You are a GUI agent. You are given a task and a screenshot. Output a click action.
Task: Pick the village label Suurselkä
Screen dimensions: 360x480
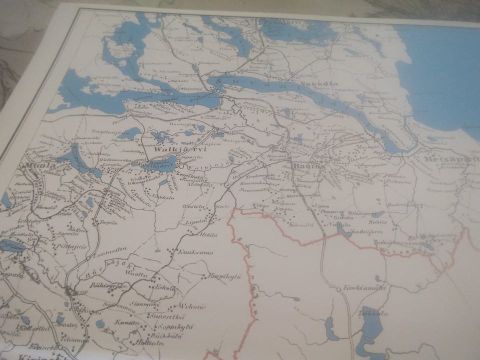pos(164,316)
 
